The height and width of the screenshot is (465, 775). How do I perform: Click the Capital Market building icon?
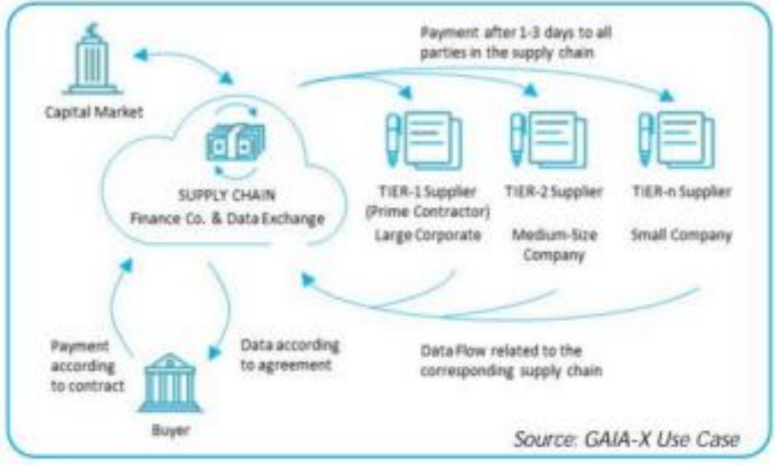(x=92, y=60)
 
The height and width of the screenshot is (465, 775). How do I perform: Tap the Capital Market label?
(x=94, y=112)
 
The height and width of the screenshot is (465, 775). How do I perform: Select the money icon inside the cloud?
(x=236, y=143)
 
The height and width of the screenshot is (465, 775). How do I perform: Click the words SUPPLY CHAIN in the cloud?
(x=227, y=195)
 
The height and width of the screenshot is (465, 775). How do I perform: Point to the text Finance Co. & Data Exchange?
(x=227, y=218)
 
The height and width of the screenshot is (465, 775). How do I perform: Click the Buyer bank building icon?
(x=169, y=382)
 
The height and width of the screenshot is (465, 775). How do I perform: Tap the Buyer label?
(x=170, y=430)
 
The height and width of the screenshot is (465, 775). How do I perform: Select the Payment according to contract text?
(x=87, y=365)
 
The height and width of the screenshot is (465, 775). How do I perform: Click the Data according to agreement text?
(x=290, y=355)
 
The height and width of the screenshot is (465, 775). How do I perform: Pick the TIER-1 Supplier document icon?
(x=424, y=141)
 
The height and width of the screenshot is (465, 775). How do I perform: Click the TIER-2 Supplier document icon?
(x=548, y=140)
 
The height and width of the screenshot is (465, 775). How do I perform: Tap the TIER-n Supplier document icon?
(x=676, y=140)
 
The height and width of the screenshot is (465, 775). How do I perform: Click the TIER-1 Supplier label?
(x=428, y=192)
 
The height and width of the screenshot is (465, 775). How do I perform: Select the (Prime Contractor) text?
(x=428, y=212)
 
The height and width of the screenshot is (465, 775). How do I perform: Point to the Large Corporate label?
(x=428, y=235)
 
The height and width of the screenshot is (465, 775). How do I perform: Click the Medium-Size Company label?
(x=554, y=244)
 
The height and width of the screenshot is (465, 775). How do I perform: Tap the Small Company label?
(x=681, y=235)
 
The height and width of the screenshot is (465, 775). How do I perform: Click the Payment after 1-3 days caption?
(x=516, y=43)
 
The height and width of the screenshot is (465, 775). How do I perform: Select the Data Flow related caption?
(x=511, y=361)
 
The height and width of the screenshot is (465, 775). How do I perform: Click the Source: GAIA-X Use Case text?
(x=627, y=439)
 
